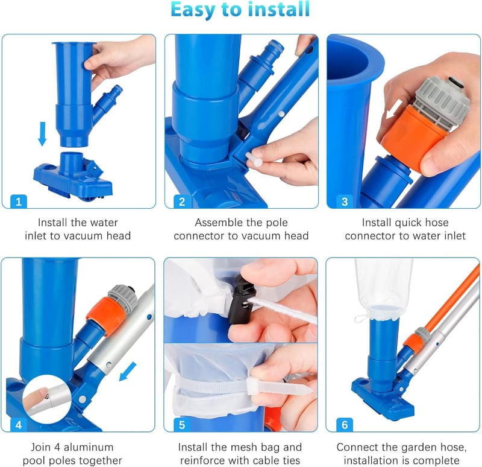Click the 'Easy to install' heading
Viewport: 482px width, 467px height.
tap(240, 10)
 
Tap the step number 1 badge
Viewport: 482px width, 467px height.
tap(19, 202)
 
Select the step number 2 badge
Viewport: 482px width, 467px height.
tap(182, 202)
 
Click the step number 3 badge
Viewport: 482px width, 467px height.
tap(345, 202)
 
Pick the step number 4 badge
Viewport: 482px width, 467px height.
tap(19, 425)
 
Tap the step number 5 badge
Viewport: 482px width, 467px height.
tap(182, 425)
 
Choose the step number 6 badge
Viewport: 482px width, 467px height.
tap(345, 425)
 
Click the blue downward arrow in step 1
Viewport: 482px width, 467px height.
tap(42, 133)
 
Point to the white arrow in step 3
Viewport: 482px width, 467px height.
tap(394, 109)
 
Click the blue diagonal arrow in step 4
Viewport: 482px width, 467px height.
tap(128, 371)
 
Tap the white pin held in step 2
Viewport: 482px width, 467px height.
tap(254, 159)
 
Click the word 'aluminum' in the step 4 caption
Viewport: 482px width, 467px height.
tap(89, 446)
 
